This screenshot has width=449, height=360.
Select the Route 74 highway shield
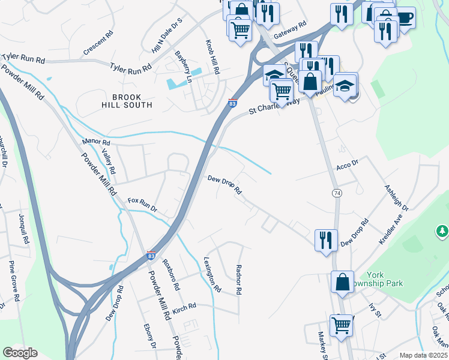[337, 193]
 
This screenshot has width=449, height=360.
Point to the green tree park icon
[442, 231]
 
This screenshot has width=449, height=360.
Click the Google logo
[20, 353]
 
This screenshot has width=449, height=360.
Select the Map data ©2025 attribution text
[423, 355]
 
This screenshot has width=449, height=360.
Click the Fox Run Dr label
[142, 205]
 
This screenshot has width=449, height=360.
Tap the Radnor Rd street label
[238, 279]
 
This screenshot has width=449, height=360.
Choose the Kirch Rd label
[184, 307]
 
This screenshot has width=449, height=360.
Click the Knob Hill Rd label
[212, 58]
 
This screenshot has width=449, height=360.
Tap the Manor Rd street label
[96, 143]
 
